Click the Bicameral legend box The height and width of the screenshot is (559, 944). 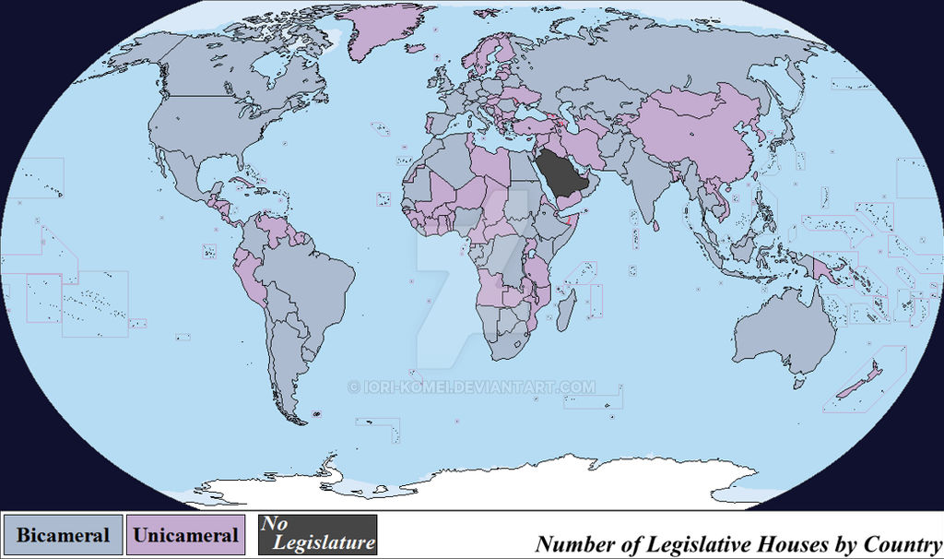(63, 535)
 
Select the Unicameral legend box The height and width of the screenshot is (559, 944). (186, 535)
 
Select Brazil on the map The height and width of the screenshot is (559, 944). (309, 277)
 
